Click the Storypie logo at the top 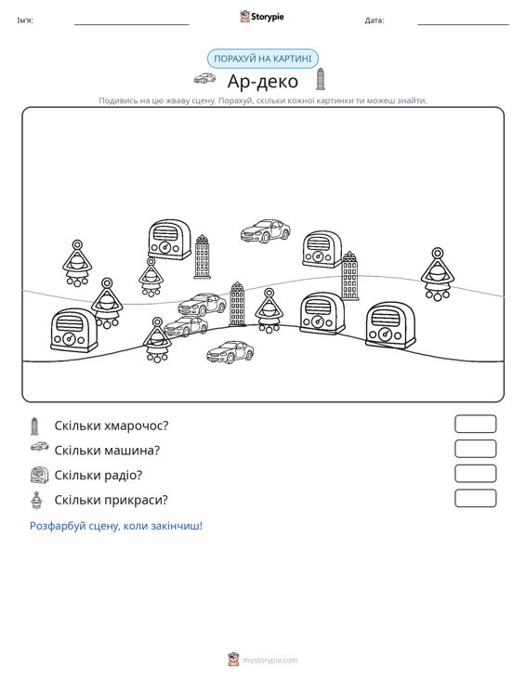coord(262,17)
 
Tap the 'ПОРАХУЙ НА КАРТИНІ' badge coord(263,59)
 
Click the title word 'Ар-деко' coord(263,81)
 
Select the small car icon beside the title coord(205,78)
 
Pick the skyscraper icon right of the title coord(321,79)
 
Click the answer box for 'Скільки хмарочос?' coord(476,424)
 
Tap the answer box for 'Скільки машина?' coord(476,449)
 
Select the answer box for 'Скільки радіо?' coord(476,474)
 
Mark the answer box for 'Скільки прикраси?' coord(476,498)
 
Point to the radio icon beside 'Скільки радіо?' coord(40,475)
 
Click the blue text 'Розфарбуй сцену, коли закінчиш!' coord(116,526)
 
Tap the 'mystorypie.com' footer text coord(270,661)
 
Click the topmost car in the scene coord(266,230)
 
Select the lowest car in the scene coord(230,352)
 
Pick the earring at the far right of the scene coord(438,274)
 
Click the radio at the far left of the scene coord(73,330)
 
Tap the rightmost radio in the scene coord(390,326)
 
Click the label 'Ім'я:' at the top coord(25,20)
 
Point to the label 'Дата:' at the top coord(375,20)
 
